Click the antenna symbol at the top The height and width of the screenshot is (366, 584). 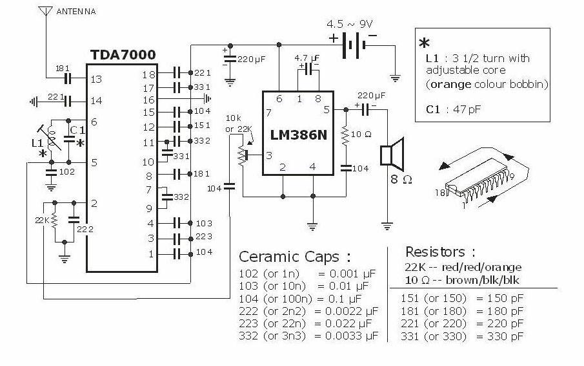[x=45, y=11]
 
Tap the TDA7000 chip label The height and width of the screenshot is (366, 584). [x=123, y=55]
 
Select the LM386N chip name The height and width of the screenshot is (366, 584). [x=298, y=135]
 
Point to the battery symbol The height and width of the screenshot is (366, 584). [x=353, y=45]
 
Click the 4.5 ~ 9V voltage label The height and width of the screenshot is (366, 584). [x=349, y=25]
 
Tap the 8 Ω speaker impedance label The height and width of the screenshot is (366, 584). [x=401, y=180]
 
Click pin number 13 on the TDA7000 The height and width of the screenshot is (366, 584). [x=96, y=79]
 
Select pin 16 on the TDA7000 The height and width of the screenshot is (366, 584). [x=148, y=100]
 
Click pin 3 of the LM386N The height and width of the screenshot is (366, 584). [x=268, y=155]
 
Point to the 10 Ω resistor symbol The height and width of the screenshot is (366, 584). [x=345, y=135]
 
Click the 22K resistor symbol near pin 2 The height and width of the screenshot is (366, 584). [x=54, y=220]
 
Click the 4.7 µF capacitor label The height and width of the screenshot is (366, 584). [x=307, y=58]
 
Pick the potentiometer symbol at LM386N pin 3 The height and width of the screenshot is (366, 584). [x=243, y=156]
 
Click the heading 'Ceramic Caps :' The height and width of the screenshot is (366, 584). [x=295, y=257]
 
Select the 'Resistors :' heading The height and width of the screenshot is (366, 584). [x=440, y=252]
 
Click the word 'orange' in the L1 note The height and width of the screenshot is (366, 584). [x=450, y=84]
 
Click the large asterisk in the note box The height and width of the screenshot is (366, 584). [x=424, y=43]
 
